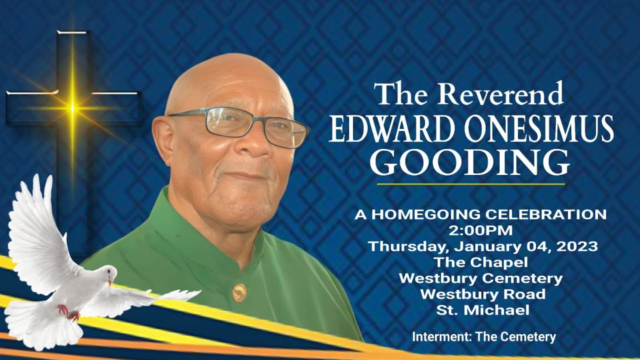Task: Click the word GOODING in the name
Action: pos(470,161)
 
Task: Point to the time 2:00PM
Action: pos(480,230)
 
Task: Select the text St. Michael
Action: pos(482,310)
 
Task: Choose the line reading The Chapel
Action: pos(480,262)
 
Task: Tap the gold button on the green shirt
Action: pos(239,292)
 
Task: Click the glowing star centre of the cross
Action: pos(72,107)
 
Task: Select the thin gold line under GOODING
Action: pos(470,184)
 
